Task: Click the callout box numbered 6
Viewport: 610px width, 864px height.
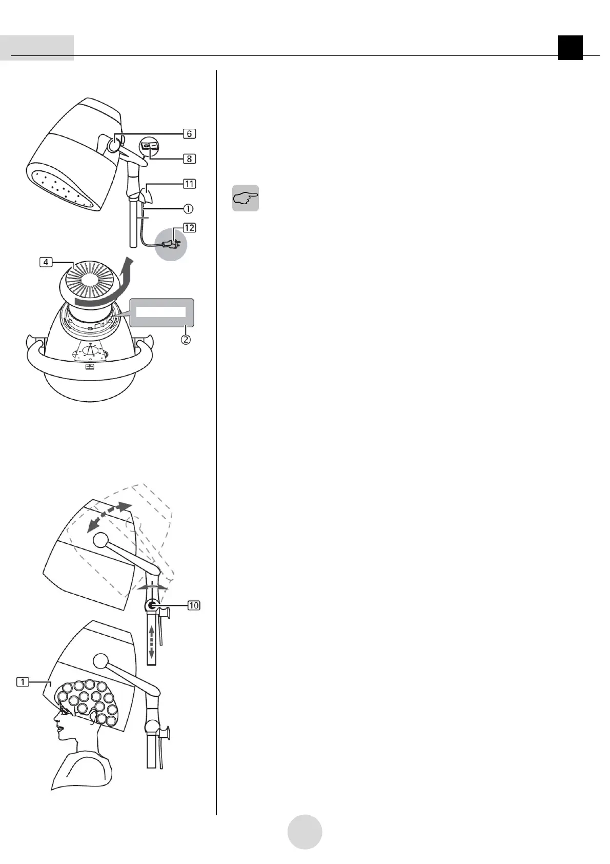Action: pos(189,133)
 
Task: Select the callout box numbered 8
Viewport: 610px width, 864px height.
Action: pos(189,159)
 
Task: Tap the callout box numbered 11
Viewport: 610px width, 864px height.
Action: pos(189,184)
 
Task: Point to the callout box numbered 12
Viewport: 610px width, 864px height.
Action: pos(189,227)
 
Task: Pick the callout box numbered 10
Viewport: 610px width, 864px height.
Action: pos(193,606)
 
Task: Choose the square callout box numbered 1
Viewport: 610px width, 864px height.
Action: pos(23,682)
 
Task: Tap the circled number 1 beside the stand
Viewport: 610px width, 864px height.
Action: pos(189,209)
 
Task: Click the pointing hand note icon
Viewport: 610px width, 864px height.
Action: pos(245,198)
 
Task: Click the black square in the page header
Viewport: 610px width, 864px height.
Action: pos(570,48)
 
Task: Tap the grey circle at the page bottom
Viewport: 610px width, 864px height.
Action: pos(304,832)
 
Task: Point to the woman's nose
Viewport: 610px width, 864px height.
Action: pos(55,721)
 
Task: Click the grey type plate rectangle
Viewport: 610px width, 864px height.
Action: pos(162,312)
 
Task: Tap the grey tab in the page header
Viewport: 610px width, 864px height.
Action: pos(37,48)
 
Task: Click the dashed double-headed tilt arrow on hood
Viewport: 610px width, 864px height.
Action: pos(107,517)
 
